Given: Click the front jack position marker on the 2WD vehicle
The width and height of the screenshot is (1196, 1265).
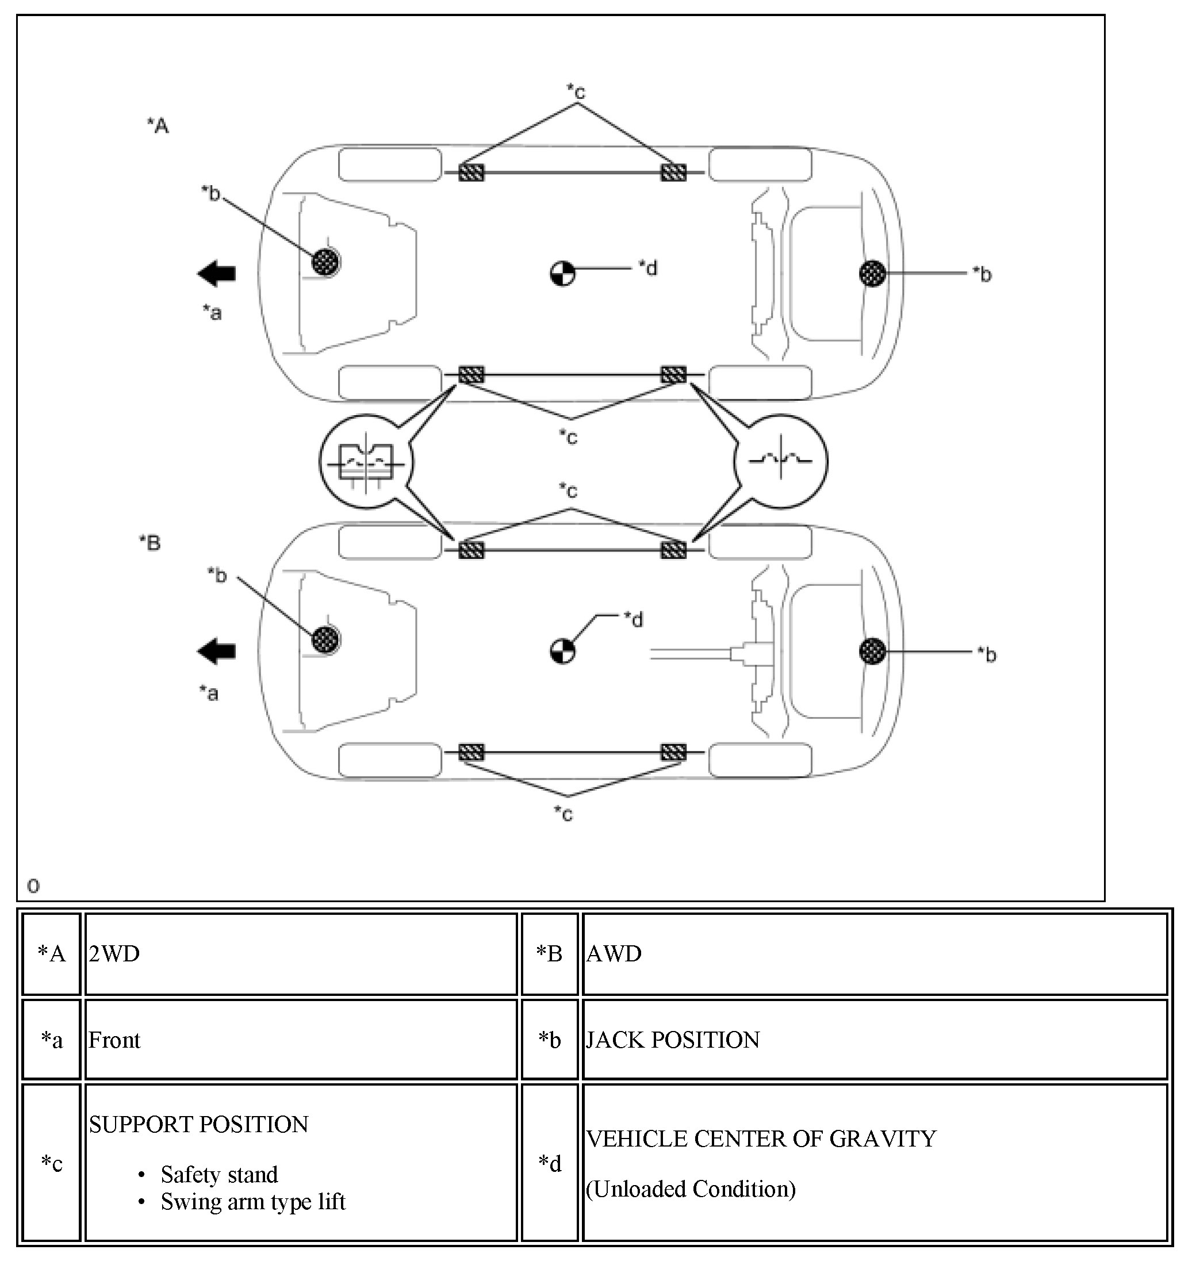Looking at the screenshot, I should pyautogui.click(x=326, y=262).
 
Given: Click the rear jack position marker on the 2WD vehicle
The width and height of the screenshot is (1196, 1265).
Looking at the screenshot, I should pyautogui.click(x=872, y=274).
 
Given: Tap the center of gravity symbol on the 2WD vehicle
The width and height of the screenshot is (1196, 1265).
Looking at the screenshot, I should pyautogui.click(x=562, y=274).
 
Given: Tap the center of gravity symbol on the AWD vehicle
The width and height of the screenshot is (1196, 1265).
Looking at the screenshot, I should pyautogui.click(x=562, y=651).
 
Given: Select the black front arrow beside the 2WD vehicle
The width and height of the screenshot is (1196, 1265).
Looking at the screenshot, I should pyautogui.click(x=217, y=274).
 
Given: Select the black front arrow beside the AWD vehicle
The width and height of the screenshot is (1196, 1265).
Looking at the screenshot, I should pyautogui.click(x=217, y=651).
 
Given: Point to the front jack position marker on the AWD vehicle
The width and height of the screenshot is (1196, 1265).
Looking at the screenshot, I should pyautogui.click(x=326, y=639).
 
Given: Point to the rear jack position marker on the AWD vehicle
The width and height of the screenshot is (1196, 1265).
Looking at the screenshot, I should pyautogui.click(x=872, y=651).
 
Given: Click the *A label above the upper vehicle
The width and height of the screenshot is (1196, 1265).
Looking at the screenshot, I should pyautogui.click(x=158, y=125).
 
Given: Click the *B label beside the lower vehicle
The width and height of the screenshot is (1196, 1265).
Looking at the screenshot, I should pyautogui.click(x=150, y=543).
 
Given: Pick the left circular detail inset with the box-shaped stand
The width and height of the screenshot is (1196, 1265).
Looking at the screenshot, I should pyautogui.click(x=366, y=461).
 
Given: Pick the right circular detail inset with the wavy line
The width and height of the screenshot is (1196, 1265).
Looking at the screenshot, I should pyautogui.click(x=780, y=461).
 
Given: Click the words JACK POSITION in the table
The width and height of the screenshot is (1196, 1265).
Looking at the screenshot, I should pyautogui.click(x=673, y=1040).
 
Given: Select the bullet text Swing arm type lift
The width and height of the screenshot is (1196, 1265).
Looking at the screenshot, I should pyautogui.click(x=252, y=1202).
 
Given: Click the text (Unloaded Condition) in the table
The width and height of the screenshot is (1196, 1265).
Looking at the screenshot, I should pyautogui.click(x=691, y=1189).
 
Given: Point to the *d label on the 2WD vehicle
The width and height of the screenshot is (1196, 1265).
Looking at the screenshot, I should pyautogui.click(x=649, y=269).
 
